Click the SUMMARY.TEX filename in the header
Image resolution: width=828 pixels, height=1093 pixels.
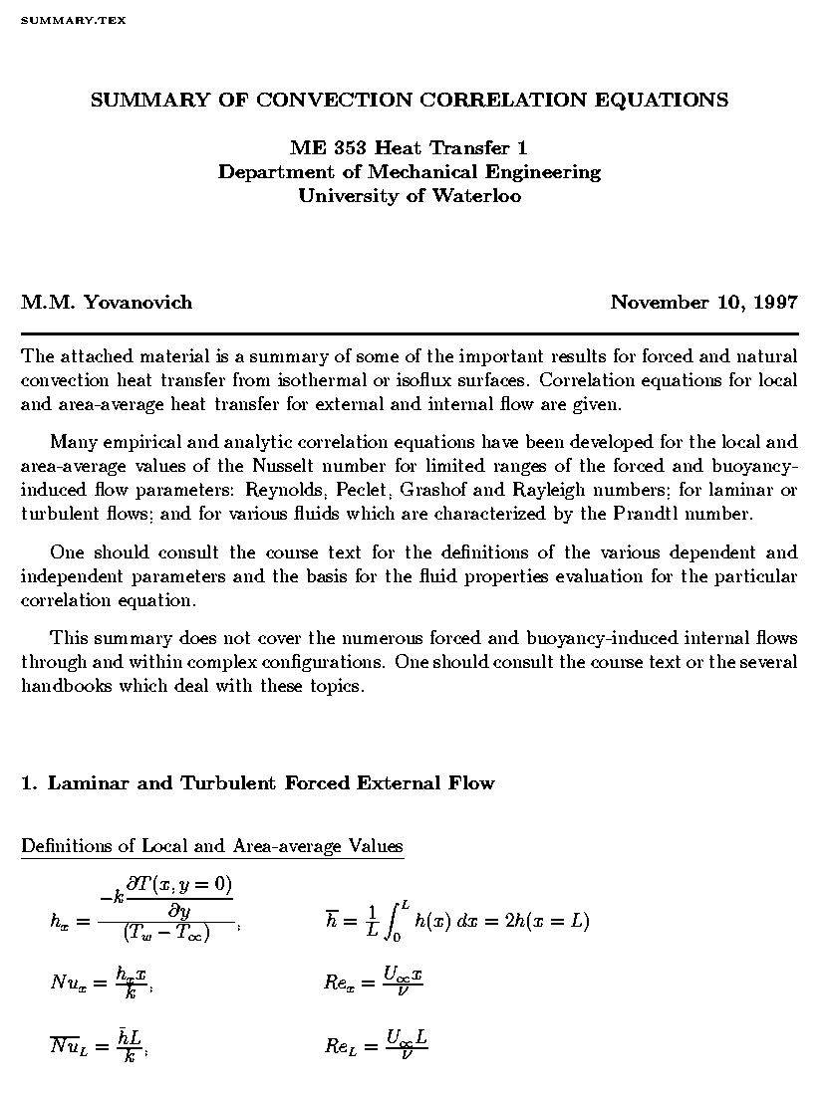point(73,20)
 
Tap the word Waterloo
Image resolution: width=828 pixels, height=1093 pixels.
point(476,195)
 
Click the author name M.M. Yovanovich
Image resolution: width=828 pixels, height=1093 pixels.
point(107,302)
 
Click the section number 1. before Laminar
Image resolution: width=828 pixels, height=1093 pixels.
point(29,782)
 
